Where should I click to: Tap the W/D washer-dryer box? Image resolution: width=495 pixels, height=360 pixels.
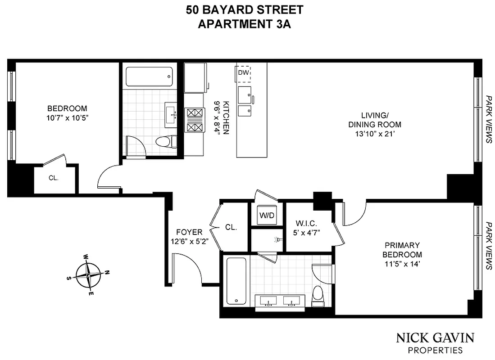(x=266, y=215)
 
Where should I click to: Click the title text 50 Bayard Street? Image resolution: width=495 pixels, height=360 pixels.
(x=245, y=9)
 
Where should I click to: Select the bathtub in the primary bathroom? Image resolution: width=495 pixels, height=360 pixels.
(x=235, y=281)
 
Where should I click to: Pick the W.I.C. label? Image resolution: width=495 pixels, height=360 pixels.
(x=308, y=223)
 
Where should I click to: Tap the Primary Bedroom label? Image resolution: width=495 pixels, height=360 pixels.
(x=402, y=250)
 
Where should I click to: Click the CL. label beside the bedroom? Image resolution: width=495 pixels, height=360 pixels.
(x=54, y=178)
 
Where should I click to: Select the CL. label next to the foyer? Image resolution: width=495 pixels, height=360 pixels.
(x=231, y=227)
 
